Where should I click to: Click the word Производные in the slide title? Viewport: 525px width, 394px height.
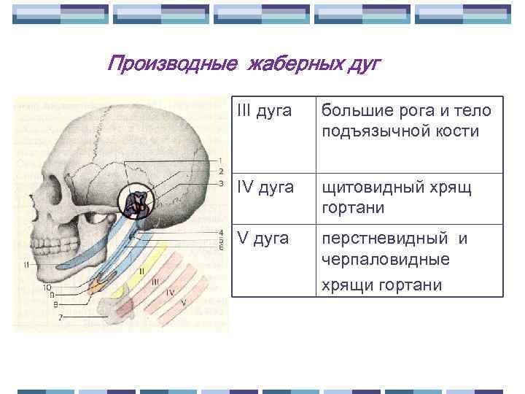coord(171,64)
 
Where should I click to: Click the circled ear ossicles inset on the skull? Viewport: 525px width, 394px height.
coord(136,204)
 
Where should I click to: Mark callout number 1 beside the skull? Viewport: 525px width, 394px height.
coord(220,161)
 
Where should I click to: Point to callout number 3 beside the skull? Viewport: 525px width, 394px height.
coord(220,183)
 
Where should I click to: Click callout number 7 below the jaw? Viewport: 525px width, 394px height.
coord(61,317)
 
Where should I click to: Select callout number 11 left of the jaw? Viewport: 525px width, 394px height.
coord(26,264)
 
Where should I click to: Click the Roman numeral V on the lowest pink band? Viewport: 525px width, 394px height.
coord(183,302)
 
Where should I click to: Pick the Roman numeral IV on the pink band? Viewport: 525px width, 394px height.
coord(169,293)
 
